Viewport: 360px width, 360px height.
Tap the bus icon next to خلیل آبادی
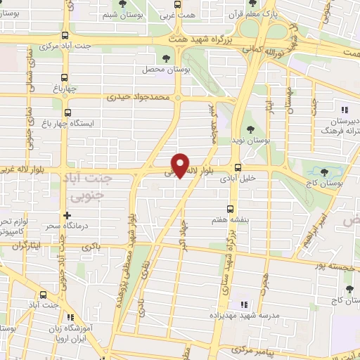click(238, 168)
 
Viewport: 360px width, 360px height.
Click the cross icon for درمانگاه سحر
click(67, 215)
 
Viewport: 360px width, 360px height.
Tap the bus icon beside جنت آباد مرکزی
click(65, 36)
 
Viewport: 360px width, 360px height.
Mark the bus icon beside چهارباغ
click(63, 78)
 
